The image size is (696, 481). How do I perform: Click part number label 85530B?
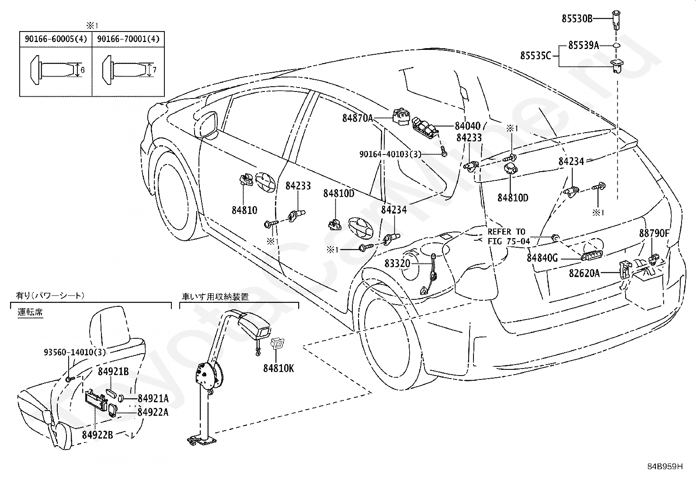577,19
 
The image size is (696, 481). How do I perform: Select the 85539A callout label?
584,46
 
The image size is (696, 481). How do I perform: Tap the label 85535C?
536,56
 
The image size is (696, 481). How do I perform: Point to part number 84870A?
357,118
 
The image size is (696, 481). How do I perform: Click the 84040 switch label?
468,126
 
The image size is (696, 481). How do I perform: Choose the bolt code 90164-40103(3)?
390,154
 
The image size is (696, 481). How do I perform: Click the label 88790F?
654,233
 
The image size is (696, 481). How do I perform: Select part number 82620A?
584,273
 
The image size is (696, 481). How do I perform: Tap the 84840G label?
542,258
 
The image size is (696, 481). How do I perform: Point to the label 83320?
397,263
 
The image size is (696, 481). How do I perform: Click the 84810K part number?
278,369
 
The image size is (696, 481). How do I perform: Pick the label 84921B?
113,372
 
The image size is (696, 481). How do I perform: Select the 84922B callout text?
97,435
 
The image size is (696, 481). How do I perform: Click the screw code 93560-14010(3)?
75,352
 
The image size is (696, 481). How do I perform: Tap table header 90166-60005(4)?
56,39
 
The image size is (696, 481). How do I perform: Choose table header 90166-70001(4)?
129,39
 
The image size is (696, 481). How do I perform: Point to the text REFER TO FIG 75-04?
508,236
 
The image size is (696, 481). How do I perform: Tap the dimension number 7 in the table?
154,70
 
